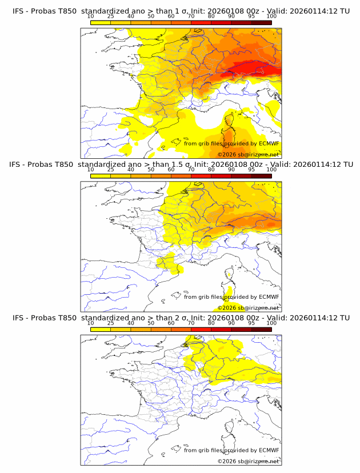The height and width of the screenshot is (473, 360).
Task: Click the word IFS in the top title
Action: (x=18, y=11)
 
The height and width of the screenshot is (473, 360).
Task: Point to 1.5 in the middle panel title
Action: (x=174, y=165)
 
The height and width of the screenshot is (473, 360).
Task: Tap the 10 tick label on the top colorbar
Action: (x=91, y=16)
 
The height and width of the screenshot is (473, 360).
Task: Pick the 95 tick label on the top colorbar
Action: (x=251, y=16)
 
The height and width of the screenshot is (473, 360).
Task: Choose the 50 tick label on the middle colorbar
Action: (x=151, y=170)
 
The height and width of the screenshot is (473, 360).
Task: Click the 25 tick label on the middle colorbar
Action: (x=111, y=170)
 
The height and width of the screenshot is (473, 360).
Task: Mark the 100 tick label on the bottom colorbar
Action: (x=271, y=323)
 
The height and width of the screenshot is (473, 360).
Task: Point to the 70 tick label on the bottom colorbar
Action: (x=191, y=323)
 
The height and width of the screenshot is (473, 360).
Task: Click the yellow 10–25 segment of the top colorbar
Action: (x=101, y=22)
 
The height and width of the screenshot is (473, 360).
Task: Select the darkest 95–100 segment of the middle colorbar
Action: (x=261, y=176)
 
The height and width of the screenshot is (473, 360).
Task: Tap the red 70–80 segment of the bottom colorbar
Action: (x=201, y=329)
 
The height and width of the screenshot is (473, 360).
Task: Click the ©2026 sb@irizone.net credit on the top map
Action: (x=248, y=155)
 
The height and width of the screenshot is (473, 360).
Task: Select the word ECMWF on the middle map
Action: (x=269, y=296)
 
